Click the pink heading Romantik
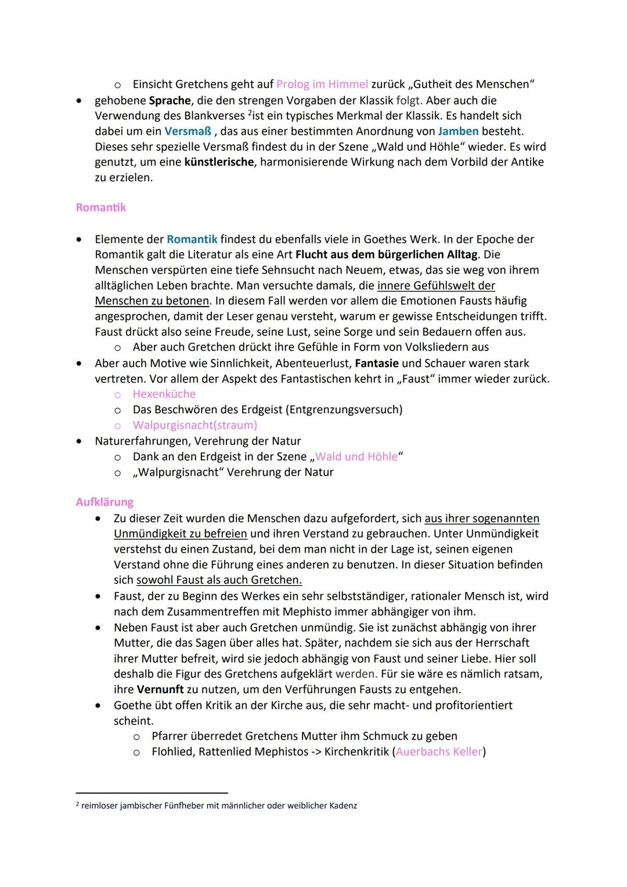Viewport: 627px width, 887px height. (100, 207)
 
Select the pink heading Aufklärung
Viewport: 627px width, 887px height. (105, 502)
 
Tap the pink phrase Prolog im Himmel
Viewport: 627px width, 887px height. (322, 84)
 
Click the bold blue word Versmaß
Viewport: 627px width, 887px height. (188, 131)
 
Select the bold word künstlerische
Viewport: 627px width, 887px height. (219, 162)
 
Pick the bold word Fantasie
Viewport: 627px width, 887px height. (376, 363)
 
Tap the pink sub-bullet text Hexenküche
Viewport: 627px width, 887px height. (164, 394)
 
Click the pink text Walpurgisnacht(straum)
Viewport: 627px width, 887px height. (194, 425)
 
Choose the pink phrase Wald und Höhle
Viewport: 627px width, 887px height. (356, 456)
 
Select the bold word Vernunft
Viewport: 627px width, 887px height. (160, 690)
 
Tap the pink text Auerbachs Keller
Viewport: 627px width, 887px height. (439, 752)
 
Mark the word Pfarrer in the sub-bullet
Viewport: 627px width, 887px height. (170, 736)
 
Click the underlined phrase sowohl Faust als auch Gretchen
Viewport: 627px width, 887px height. (219, 580)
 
